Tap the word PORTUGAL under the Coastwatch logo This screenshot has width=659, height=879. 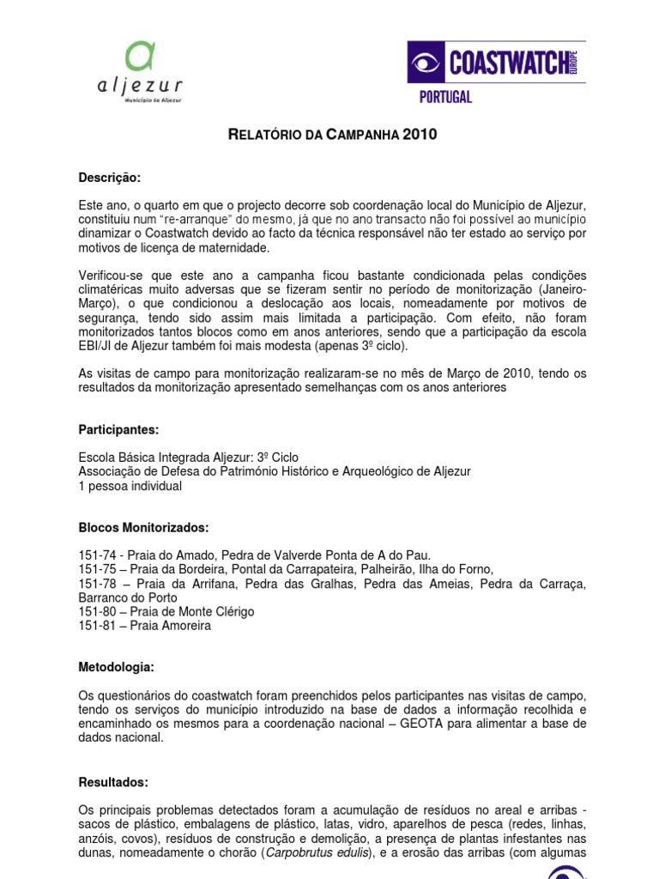click(x=445, y=97)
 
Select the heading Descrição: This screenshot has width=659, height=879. click(x=109, y=178)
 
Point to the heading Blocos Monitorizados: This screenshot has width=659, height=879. click(x=143, y=527)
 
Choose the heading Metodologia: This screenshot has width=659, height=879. click(x=117, y=666)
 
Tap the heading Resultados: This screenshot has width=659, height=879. click(x=113, y=782)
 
